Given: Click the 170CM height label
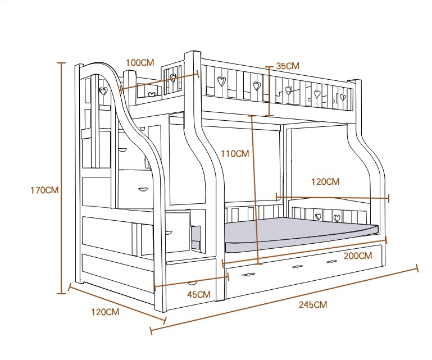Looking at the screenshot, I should (44, 190).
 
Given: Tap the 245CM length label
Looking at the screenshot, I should (313, 305).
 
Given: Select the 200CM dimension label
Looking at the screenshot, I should (358, 256).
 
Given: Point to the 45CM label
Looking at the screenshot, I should (198, 294).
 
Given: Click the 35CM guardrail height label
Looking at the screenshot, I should (288, 66).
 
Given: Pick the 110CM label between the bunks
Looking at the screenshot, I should (234, 153).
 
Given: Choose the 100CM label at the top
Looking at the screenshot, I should (140, 62).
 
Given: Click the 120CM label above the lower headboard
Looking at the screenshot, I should (325, 182).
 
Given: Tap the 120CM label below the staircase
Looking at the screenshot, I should (105, 312).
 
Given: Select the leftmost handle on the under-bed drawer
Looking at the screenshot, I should (248, 275).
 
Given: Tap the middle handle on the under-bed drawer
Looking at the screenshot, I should (297, 267).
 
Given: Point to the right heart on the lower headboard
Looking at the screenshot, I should (336, 218).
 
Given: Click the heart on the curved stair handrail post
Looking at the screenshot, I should (103, 90).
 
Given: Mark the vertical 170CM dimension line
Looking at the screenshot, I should (62, 180).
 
